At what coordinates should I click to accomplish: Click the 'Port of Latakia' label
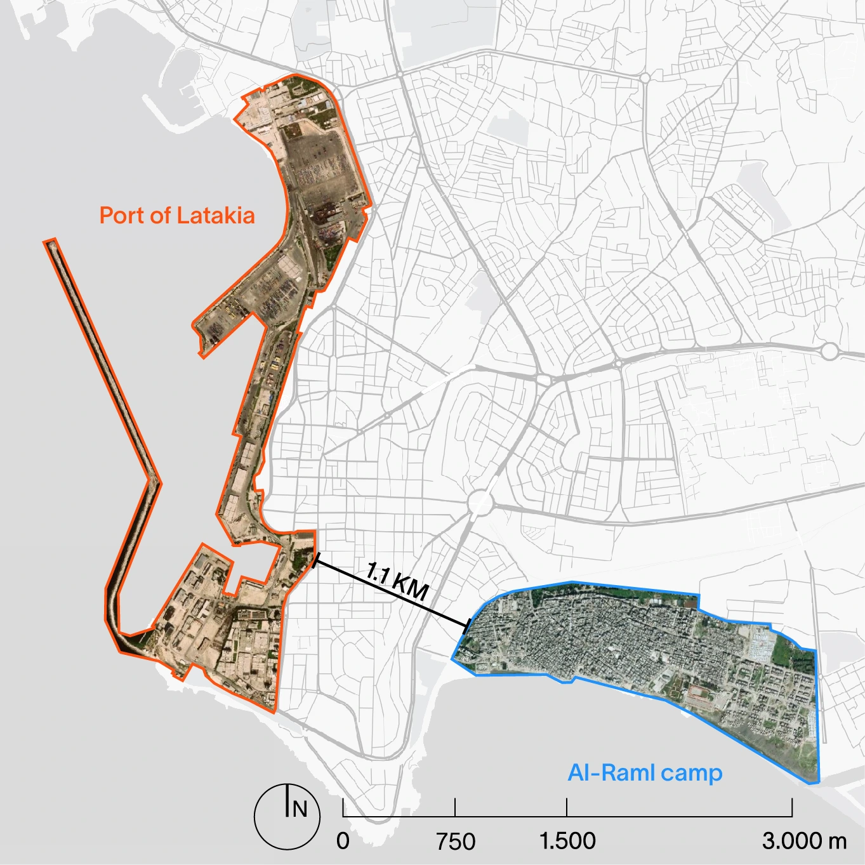coord(177,216)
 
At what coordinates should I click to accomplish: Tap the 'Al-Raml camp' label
coord(645,773)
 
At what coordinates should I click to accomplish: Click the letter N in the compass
coord(300,809)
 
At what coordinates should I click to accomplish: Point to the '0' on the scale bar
coord(343,841)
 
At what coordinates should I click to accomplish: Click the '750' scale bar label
coord(456,842)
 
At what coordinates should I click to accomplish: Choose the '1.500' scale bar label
coord(567,841)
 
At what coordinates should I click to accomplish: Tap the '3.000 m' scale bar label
coord(804,841)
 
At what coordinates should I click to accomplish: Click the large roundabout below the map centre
coord(480,505)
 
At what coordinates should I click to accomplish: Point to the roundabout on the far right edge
coord(829,351)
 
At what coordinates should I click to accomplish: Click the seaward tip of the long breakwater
coord(51,242)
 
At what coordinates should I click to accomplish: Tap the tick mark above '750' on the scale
coord(455,808)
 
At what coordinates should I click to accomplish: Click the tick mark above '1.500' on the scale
coord(567,808)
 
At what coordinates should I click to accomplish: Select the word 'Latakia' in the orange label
coord(216,216)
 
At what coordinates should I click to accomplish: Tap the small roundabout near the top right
coord(645,78)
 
